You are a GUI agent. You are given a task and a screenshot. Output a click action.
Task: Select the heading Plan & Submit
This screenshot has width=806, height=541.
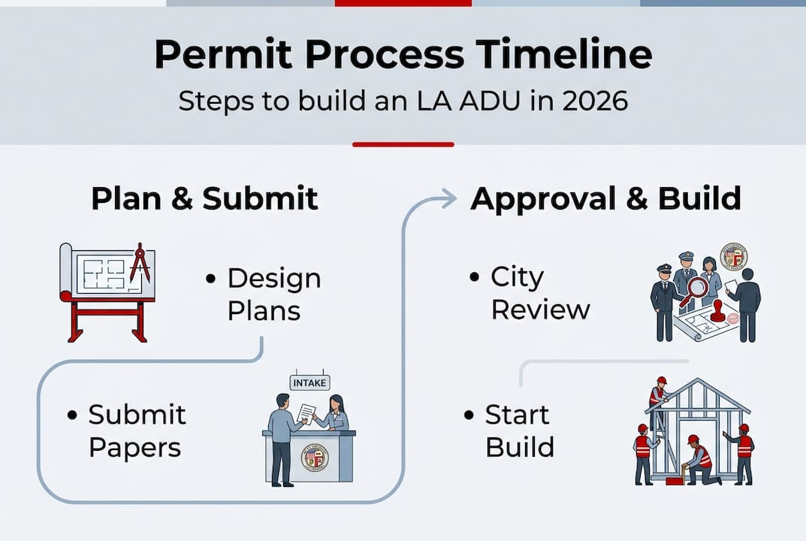(204, 198)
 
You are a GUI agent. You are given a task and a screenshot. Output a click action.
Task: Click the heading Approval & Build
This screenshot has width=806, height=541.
(605, 198)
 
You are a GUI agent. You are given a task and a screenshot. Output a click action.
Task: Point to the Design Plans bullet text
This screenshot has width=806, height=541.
(274, 294)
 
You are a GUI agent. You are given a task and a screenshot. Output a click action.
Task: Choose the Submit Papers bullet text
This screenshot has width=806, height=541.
(136, 431)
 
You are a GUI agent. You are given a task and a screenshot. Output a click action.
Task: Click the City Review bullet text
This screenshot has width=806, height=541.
(539, 293)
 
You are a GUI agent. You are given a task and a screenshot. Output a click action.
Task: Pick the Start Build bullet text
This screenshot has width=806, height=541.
(519, 431)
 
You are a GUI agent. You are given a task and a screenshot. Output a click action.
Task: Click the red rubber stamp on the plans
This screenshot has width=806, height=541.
(718, 310)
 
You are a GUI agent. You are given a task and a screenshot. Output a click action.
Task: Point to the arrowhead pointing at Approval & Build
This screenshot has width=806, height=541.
(448, 198)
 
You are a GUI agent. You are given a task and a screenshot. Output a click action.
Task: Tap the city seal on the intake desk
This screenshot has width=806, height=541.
(314, 457)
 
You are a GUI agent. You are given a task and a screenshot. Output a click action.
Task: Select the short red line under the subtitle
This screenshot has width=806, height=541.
(403, 144)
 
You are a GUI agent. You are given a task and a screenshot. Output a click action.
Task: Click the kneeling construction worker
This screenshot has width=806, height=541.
(699, 460)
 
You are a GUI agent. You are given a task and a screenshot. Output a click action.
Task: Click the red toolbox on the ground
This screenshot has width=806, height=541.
(674, 480)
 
